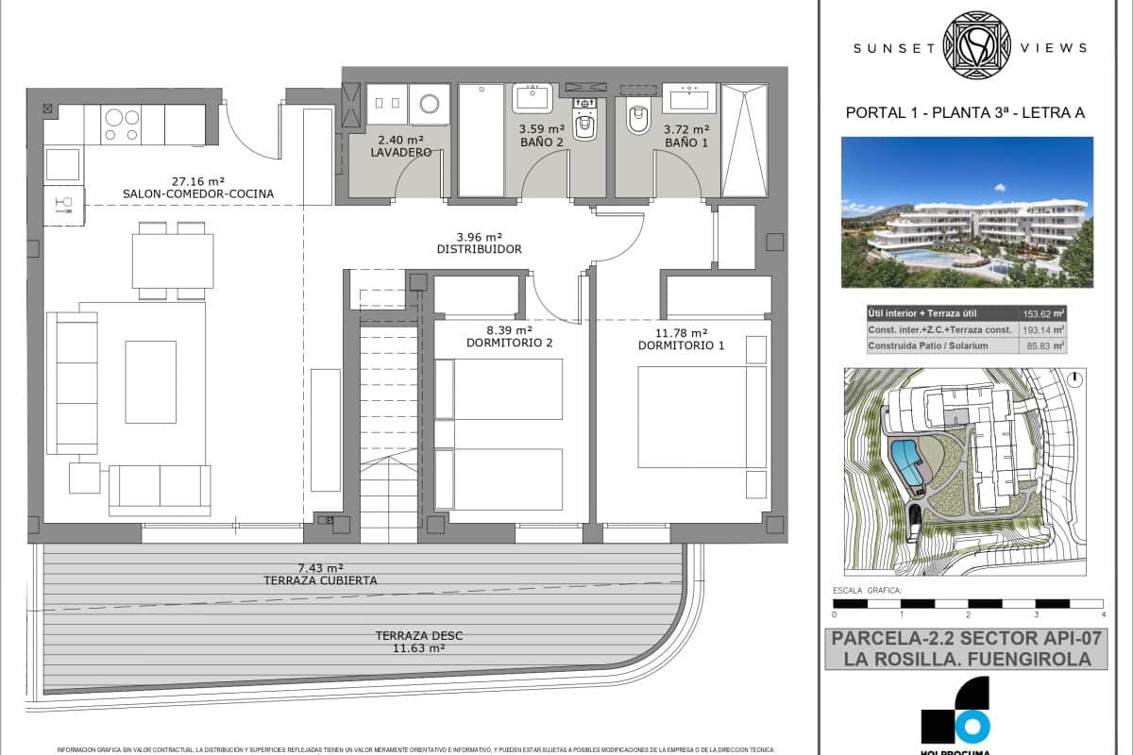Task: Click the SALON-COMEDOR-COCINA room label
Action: point(197,194)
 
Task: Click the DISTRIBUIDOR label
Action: point(480,249)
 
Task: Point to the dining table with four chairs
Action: point(172,260)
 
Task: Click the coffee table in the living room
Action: point(150,381)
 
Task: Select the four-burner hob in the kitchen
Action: point(122,125)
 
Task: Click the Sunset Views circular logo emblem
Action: point(977,44)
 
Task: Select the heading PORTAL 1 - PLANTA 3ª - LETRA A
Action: point(965,113)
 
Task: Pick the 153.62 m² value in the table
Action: point(1043,314)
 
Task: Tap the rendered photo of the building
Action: point(967,212)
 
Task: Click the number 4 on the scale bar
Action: point(1103,614)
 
